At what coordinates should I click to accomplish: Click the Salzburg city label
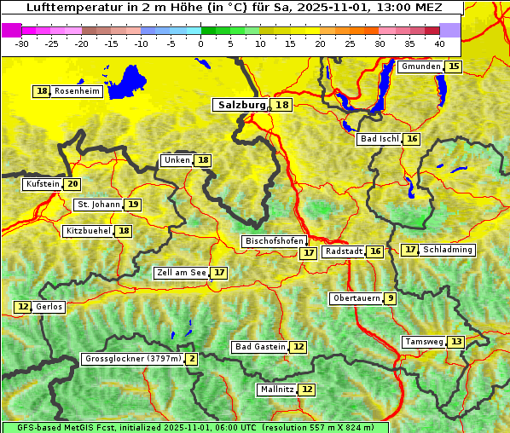[240, 105]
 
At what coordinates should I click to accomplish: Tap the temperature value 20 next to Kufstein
[72, 184]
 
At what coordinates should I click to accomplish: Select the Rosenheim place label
[77, 91]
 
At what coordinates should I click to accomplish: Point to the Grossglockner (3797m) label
[133, 359]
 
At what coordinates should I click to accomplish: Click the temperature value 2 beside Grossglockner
[192, 359]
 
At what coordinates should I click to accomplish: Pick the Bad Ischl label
[380, 139]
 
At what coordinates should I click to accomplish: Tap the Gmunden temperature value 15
[454, 66]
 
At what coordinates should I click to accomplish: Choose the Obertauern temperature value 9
[390, 298]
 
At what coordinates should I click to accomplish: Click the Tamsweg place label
[424, 342]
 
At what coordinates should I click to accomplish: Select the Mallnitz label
[276, 390]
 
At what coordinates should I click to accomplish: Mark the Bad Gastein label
[260, 347]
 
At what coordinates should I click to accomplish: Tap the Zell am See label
[182, 273]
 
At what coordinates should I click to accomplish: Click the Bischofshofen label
[273, 241]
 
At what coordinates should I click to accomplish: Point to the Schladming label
[448, 250]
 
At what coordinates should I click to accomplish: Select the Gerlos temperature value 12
[23, 307]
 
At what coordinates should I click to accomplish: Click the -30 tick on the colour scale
[22, 43]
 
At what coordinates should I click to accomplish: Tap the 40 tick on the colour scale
[439, 43]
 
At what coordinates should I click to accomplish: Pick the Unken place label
[177, 160]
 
